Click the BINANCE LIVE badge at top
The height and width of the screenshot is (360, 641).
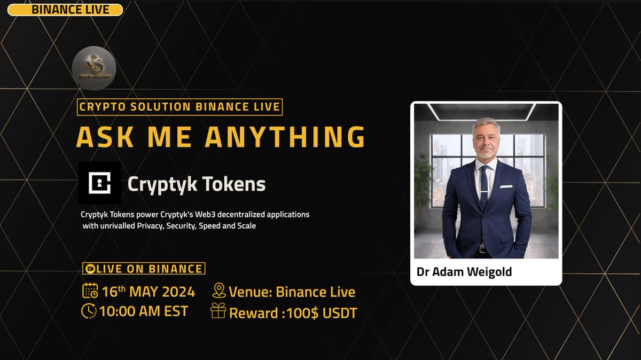[x=65, y=10]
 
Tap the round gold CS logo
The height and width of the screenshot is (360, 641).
[x=94, y=68]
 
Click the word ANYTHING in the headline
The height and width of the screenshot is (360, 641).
[x=285, y=137]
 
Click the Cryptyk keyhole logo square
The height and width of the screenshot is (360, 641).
[x=99, y=183]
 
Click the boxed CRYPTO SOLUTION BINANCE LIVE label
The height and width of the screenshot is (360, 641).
[x=180, y=107]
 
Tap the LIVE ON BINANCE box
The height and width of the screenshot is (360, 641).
[x=144, y=269]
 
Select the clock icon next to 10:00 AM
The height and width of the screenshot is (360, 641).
[x=89, y=311]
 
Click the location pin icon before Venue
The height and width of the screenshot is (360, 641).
[x=219, y=291]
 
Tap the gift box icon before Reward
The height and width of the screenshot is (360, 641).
[x=218, y=311]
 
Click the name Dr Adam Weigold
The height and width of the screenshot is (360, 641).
[x=464, y=272]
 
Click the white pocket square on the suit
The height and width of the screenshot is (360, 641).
[x=506, y=187]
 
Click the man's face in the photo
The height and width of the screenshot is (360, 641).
[x=486, y=140]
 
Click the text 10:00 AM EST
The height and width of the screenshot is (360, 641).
[x=144, y=311]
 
